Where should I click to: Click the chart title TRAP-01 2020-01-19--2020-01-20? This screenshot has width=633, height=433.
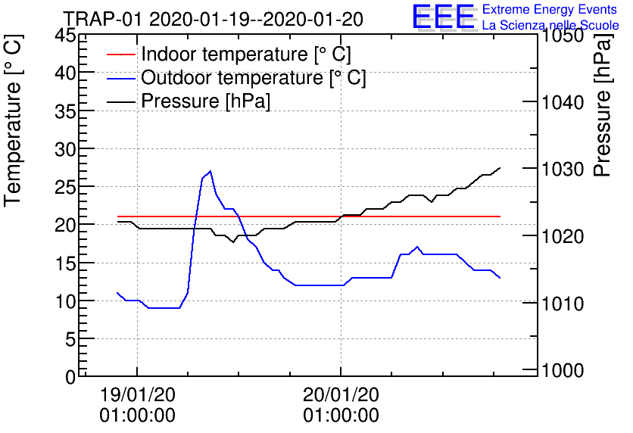214,19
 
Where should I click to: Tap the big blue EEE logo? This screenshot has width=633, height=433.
444,17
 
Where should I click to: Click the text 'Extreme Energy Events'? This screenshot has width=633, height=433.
550,9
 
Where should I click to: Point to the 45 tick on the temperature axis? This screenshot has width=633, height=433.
64,36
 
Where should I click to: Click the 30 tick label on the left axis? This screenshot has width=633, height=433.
64,150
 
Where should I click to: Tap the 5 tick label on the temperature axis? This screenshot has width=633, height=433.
70,340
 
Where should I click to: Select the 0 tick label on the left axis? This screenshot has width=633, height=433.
70,378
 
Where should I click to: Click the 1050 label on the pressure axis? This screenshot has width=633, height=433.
563,36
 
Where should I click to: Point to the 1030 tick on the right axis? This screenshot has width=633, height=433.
563,170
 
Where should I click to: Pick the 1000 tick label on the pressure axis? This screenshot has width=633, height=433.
563,370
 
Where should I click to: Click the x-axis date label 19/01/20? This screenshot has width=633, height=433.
138,394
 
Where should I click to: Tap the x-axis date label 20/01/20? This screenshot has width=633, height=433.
341,394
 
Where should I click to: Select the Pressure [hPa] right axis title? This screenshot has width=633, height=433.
603,105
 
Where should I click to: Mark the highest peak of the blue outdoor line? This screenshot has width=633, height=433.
210,171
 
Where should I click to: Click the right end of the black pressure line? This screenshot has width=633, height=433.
500,168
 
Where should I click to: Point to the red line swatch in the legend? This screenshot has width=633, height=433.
120,55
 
